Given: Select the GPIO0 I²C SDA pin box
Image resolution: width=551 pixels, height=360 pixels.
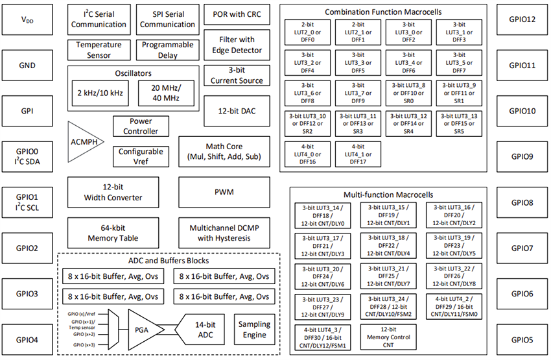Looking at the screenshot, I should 27,156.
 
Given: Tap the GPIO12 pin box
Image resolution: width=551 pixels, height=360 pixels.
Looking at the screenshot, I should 522,19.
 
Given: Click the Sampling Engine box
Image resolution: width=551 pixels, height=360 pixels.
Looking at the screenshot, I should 254,329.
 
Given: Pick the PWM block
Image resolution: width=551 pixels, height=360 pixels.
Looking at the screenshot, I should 224,193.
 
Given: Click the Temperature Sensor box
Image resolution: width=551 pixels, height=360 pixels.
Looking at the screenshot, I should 99,50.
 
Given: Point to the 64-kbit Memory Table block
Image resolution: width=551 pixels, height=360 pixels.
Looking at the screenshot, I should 105,233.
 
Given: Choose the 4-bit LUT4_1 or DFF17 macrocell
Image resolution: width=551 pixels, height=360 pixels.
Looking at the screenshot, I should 357,154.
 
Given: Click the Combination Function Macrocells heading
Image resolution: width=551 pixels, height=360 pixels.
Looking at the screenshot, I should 382,12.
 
